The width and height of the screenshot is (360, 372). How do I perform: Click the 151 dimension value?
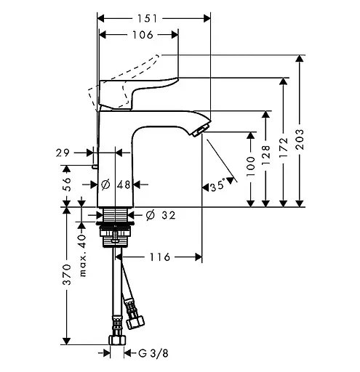(x=148, y=19)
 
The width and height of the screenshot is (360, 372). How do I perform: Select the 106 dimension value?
(x=143, y=35)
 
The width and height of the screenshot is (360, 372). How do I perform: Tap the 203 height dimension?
(x=300, y=139)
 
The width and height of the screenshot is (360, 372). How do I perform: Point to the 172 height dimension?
(x=283, y=147)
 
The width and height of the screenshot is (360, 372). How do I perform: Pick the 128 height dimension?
(x=266, y=155)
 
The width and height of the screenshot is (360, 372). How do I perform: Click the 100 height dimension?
(x=251, y=166)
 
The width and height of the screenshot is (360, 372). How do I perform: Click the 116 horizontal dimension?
(x=160, y=257)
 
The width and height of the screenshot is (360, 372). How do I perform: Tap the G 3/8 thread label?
(x=153, y=353)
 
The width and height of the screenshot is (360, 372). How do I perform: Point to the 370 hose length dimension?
(x=67, y=275)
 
